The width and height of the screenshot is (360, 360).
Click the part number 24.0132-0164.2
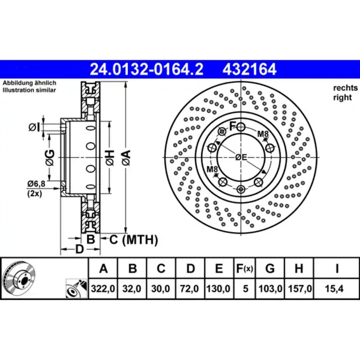[x=146, y=69]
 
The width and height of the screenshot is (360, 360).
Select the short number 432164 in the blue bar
[x=249, y=69]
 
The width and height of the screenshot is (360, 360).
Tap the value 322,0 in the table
[x=103, y=289]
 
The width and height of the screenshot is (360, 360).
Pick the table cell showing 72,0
[x=189, y=289]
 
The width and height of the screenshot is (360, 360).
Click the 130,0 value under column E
[x=218, y=289]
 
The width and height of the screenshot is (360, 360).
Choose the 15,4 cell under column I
[x=334, y=289]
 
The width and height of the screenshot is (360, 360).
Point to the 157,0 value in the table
[x=300, y=289]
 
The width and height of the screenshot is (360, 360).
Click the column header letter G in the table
[x=270, y=268]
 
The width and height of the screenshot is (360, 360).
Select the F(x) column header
[x=245, y=268]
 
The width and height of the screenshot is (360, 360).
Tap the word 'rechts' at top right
[x=346, y=87]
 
